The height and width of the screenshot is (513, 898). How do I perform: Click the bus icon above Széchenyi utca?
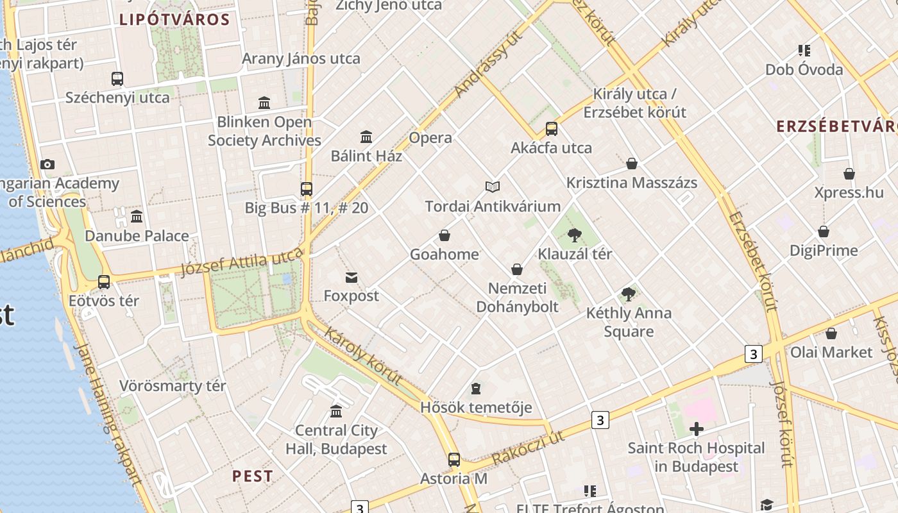point(117,79)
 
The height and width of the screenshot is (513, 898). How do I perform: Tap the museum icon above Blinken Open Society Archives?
point(264,103)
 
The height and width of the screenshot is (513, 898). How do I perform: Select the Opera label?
point(430,138)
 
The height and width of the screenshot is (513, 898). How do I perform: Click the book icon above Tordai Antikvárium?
point(493,187)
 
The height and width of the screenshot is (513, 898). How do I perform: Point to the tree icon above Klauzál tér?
point(574,235)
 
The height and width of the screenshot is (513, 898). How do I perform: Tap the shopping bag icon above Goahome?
point(445,236)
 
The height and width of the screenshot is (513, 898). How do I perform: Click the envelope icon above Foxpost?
point(352,278)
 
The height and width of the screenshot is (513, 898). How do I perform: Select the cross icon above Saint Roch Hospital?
point(696,429)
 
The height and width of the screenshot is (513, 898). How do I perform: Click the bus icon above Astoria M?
point(454,460)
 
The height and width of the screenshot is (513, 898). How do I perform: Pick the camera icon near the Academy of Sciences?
point(47,165)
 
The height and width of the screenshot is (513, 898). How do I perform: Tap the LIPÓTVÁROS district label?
point(174,19)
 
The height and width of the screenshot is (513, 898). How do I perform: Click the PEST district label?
point(252,476)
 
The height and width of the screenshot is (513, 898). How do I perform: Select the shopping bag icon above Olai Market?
point(831,333)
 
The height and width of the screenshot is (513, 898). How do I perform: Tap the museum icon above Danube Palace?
point(137,217)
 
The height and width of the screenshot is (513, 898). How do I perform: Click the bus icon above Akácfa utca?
point(552,129)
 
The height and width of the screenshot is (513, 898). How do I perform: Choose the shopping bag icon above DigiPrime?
point(824,231)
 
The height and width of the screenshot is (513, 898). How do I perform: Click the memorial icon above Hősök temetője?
point(476,389)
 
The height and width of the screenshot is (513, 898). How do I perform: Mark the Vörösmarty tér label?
point(173,386)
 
